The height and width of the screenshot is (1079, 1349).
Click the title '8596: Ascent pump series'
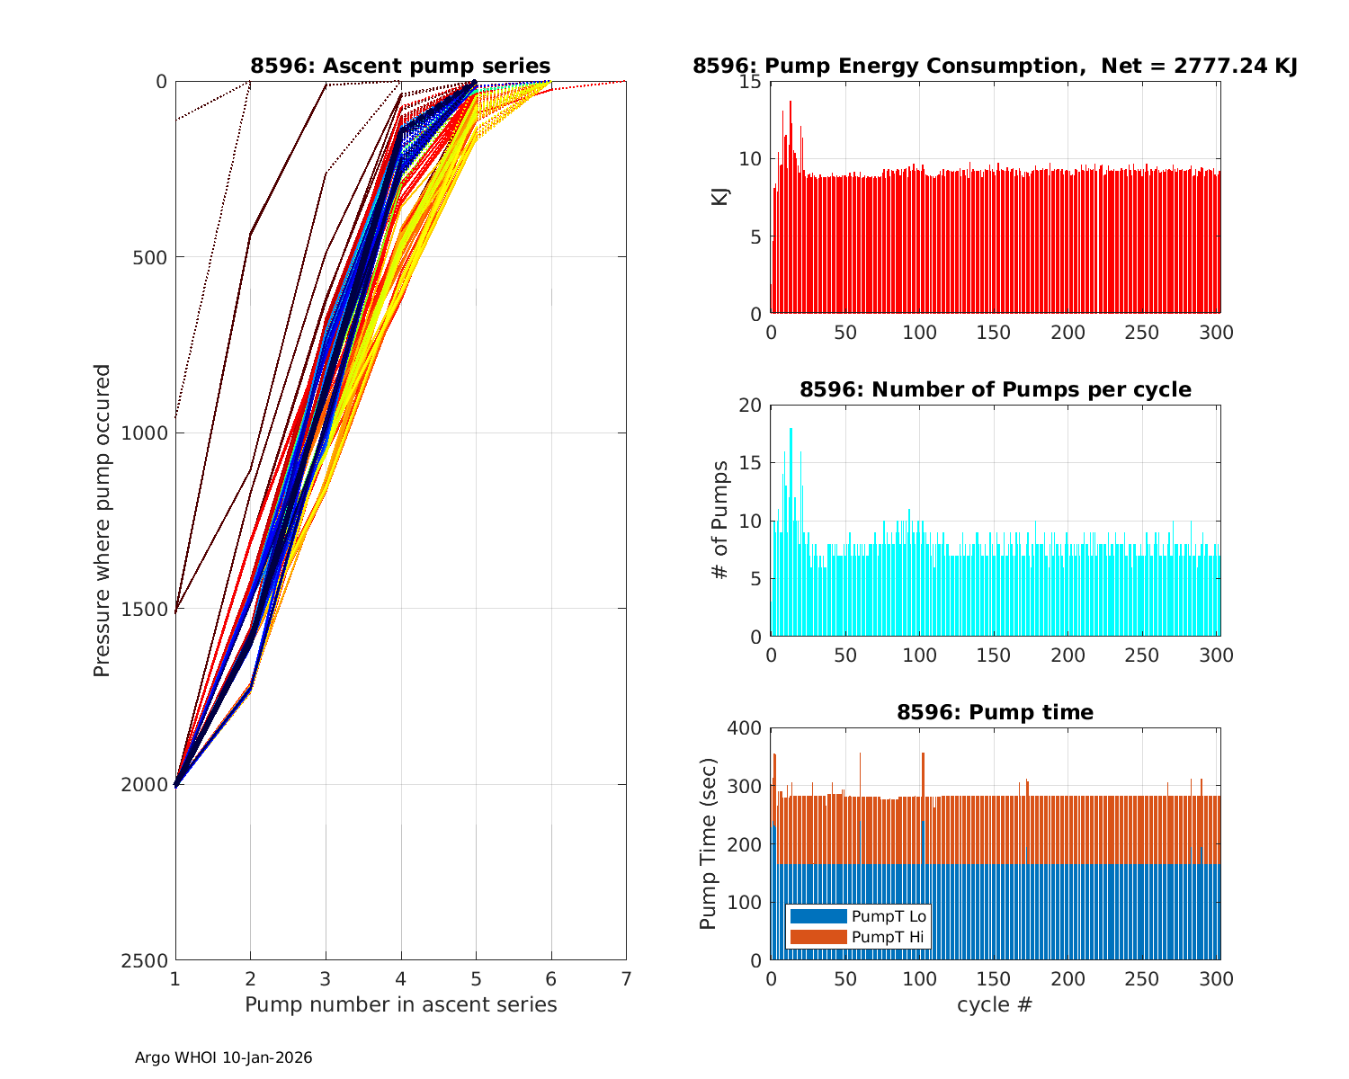pos(400,66)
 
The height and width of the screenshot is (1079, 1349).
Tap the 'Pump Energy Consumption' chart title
pos(995,66)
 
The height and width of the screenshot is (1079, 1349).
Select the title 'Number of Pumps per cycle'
pos(995,389)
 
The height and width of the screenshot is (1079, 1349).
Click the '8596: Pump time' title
pos(995,712)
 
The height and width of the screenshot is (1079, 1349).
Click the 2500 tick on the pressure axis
pos(149,960)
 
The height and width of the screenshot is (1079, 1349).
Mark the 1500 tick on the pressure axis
pos(149,609)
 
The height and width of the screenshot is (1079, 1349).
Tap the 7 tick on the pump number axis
pos(626,978)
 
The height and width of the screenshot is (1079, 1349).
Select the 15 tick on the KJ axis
pos(752,82)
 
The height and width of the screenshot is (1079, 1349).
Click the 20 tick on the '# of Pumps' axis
pos(750,406)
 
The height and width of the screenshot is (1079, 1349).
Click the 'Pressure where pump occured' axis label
pos(103,521)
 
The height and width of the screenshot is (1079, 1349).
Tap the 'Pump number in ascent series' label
pos(400,1004)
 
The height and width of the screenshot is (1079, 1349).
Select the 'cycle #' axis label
pos(995,1004)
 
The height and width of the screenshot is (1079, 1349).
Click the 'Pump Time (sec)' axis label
pos(709,844)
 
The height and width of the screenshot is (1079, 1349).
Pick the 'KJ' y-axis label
pos(720,197)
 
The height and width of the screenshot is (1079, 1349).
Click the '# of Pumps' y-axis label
pos(720,521)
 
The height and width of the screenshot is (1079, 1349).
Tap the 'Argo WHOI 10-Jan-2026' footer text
pos(223,1057)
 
